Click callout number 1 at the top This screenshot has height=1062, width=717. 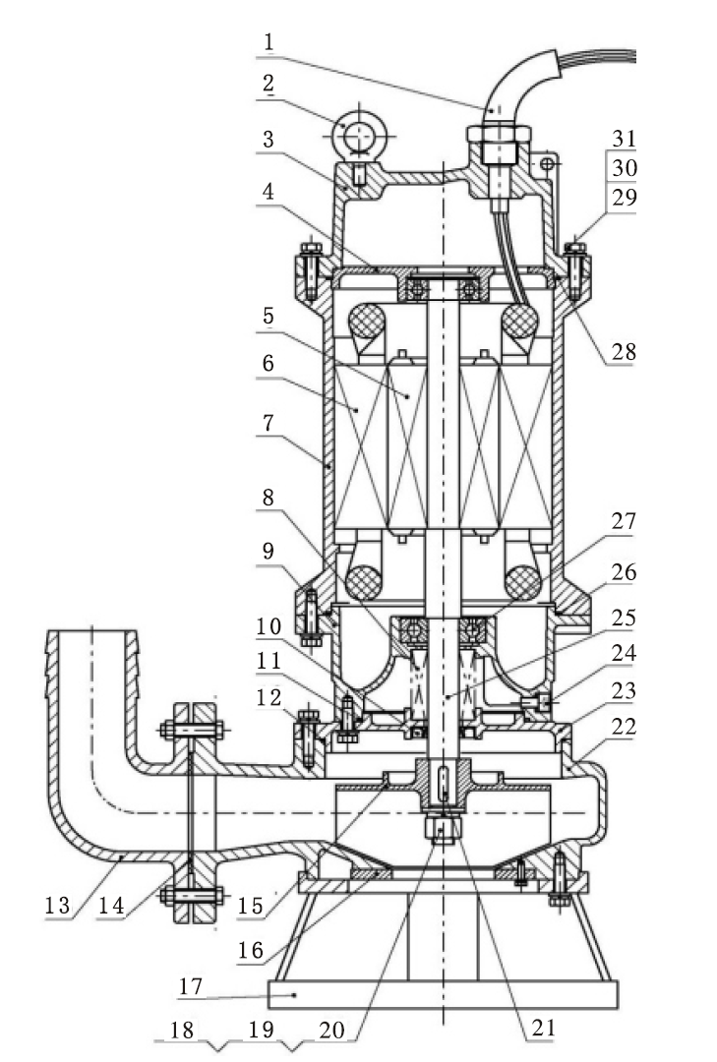point(269,42)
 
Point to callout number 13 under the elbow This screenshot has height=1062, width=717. point(58,906)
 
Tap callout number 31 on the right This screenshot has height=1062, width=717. point(625,139)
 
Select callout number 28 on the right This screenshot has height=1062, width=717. point(624,351)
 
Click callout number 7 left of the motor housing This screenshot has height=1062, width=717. point(269,423)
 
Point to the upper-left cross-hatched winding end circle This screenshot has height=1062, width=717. point(366,320)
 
